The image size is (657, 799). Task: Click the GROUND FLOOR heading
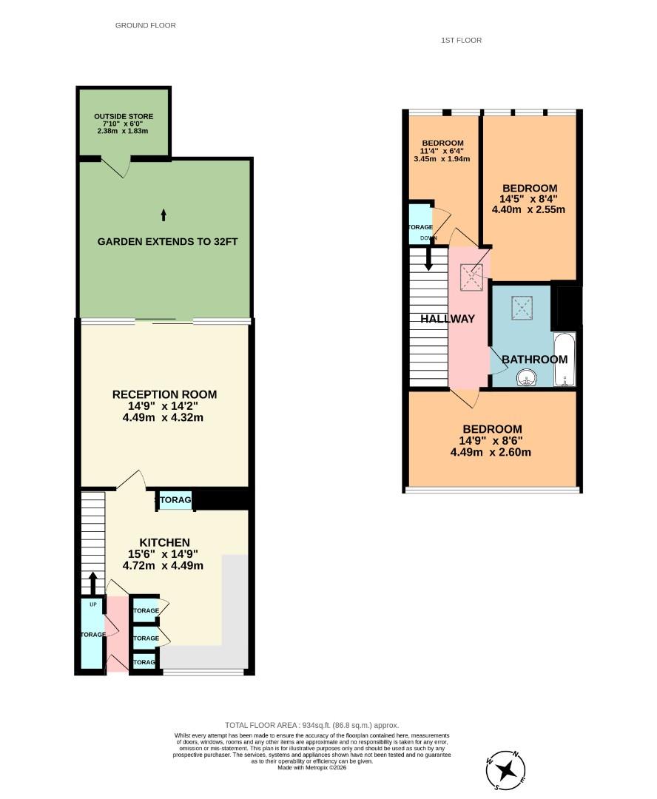tap(146, 25)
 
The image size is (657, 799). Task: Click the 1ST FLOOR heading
tap(461, 40)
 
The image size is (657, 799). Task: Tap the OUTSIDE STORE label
tap(124, 117)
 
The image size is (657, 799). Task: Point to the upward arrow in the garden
tap(164, 215)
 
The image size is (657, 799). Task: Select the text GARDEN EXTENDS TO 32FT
tap(167, 242)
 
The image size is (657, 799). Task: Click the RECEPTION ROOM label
tap(164, 394)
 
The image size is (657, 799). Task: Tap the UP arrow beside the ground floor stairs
tap(93, 582)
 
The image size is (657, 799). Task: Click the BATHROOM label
tap(534, 360)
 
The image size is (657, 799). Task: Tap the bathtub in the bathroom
tap(564, 360)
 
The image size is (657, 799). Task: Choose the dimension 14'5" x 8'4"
tap(528, 198)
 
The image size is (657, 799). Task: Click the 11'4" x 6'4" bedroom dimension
tap(442, 151)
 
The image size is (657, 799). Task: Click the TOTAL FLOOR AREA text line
tap(311, 726)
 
